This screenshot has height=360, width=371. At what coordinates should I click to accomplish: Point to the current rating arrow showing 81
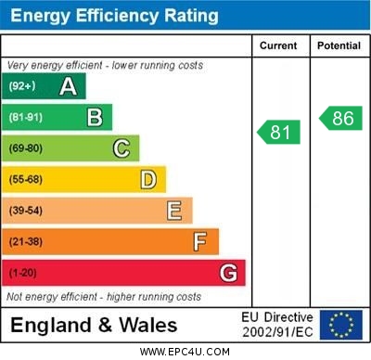pos(279,132)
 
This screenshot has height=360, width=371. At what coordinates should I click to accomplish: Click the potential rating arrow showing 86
pos(340,118)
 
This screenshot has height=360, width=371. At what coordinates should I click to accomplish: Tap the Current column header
pos(278,45)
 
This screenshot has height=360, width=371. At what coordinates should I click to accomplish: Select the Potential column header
pos(339,45)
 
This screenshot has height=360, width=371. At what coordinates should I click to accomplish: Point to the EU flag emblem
pos(340,325)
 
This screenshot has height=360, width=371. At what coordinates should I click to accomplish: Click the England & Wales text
pos(94,326)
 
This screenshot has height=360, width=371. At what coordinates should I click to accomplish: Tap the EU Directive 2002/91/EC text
pos(277,325)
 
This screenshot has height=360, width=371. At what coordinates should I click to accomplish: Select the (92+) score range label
pos(22,86)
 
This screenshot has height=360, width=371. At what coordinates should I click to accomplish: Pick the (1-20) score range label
pos(24,274)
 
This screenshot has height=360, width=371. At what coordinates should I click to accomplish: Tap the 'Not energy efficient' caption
pos(103,297)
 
